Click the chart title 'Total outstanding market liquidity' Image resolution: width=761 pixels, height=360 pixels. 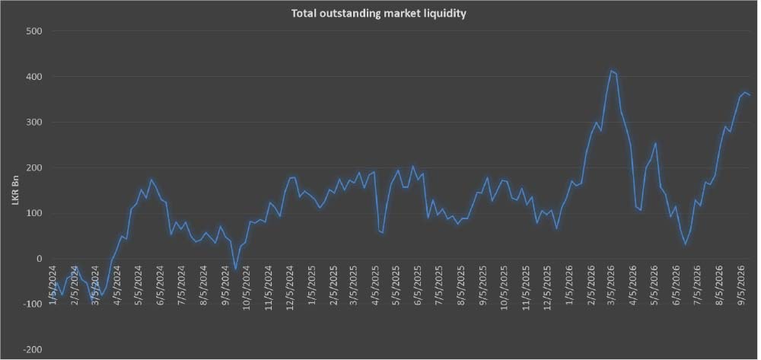coord(378,13)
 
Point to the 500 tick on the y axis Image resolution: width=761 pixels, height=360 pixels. coord(33,31)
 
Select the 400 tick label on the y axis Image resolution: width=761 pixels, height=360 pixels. coord(33,77)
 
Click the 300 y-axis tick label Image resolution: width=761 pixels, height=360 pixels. coord(33,123)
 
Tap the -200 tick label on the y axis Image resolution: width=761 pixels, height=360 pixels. coord(31,350)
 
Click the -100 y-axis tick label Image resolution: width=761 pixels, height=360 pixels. coord(31,304)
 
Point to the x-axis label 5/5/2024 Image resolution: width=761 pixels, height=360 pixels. coord(139,285)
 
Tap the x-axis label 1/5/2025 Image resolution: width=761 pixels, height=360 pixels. coord(310,285)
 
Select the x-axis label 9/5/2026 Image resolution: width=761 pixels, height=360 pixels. coord(741,285)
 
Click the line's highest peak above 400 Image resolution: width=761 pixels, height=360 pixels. coord(612,71)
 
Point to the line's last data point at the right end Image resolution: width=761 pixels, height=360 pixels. coord(750,95)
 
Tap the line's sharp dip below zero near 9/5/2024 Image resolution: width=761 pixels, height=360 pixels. coord(236,269)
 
